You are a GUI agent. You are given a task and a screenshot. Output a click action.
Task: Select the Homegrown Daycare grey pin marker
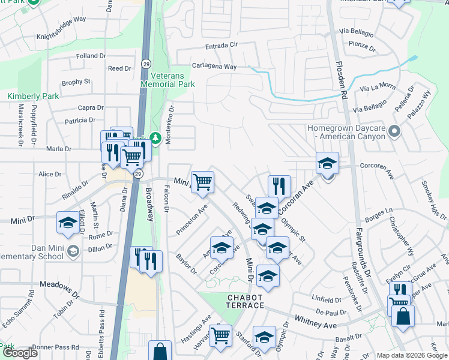pos(394,130)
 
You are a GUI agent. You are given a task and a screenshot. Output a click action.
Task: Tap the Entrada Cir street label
pos(222,45)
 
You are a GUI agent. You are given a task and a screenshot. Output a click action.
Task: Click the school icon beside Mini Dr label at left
pos(67,222)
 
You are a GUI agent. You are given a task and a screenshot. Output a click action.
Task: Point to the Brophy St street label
pos(76,82)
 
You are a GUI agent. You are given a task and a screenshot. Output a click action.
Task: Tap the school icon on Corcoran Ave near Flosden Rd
pos(327,163)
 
